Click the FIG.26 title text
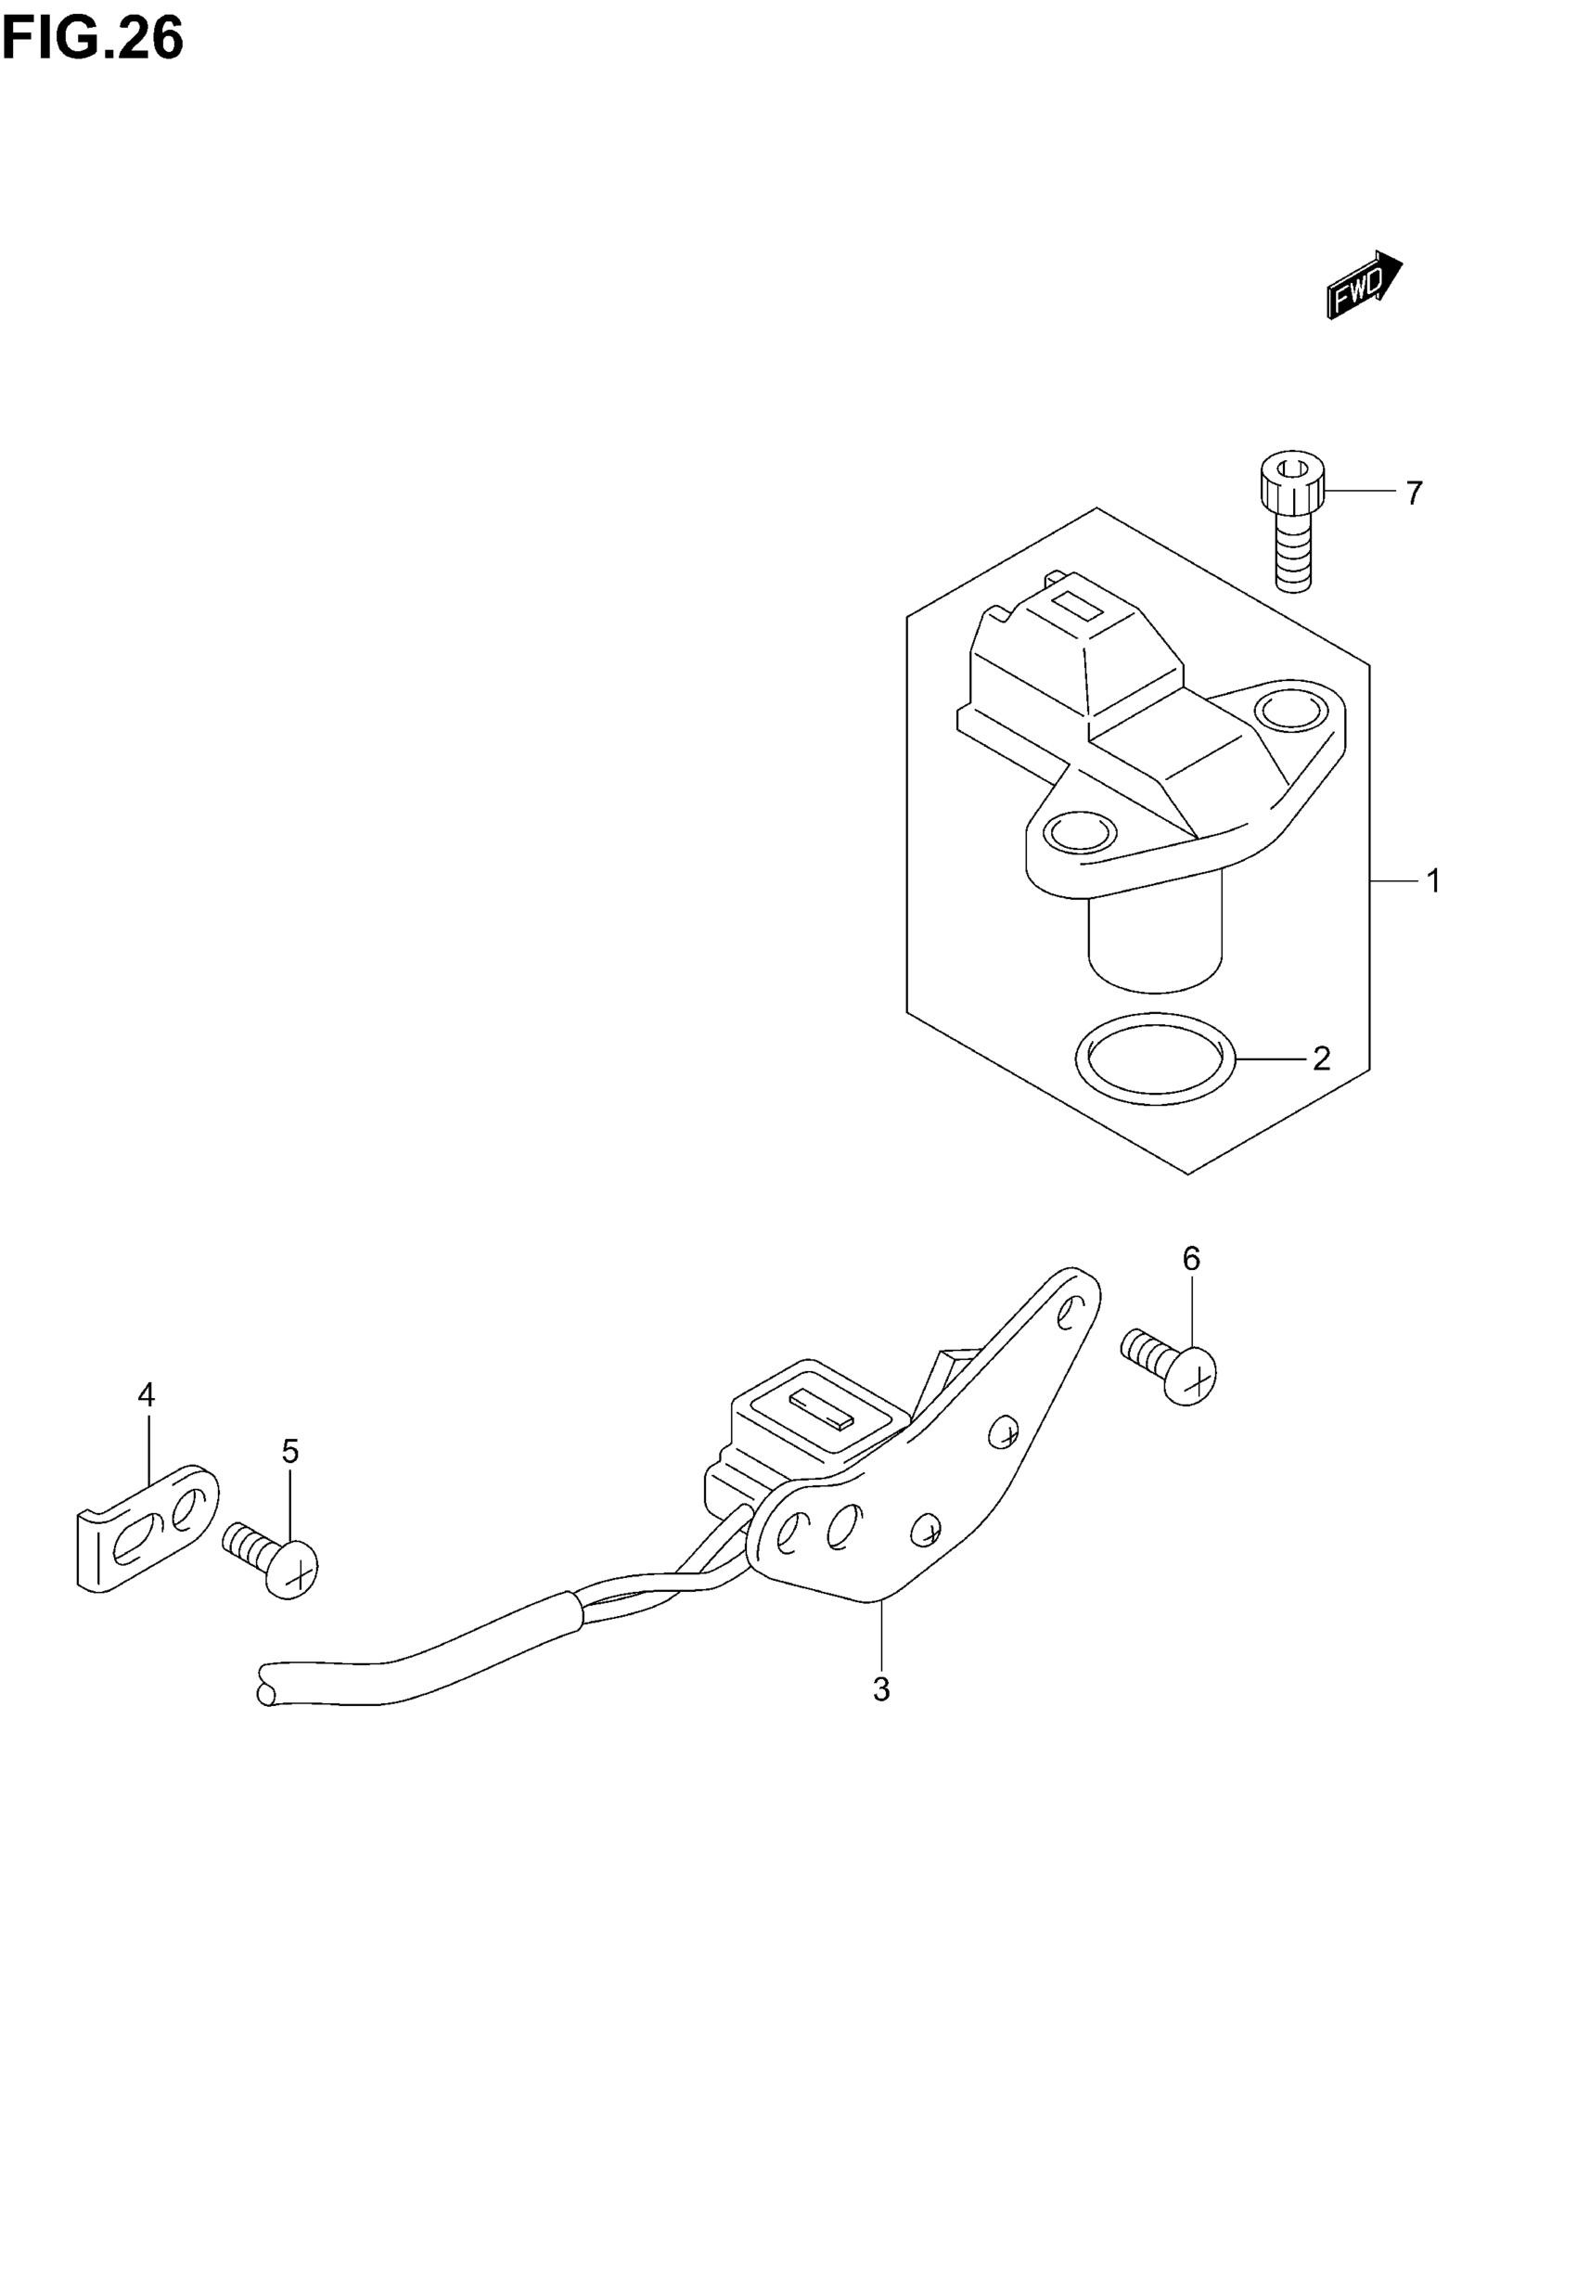tap(93, 40)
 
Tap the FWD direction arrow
tap(1364, 285)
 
